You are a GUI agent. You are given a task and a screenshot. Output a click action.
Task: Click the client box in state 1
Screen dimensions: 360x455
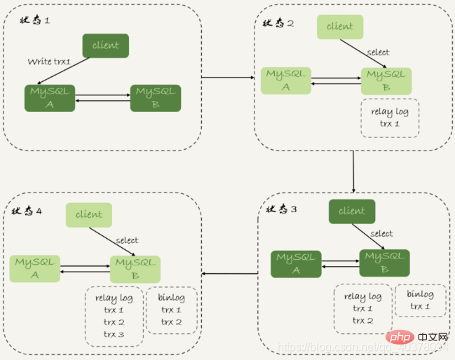(105, 46)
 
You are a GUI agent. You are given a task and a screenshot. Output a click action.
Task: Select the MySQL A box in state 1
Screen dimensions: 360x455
(50, 98)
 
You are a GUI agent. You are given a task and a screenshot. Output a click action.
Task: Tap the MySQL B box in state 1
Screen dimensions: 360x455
(156, 98)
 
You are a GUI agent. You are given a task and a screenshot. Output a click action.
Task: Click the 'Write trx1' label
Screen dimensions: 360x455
(50, 62)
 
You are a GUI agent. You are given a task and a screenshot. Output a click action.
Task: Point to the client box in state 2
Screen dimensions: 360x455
(340, 27)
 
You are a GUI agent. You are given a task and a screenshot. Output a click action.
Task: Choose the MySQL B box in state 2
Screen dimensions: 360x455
(386, 81)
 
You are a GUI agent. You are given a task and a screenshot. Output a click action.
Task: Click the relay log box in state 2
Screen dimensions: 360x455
(389, 118)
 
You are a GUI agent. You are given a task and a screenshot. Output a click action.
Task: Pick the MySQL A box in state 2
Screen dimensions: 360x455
(286, 81)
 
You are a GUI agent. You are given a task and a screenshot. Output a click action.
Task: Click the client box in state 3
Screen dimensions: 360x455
(352, 211)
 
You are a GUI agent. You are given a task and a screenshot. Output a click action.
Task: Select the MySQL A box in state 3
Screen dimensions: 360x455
(296, 263)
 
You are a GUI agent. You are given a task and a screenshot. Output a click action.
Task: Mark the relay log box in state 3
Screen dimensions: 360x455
(362, 308)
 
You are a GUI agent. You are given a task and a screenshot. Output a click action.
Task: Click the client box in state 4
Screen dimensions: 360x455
(89, 215)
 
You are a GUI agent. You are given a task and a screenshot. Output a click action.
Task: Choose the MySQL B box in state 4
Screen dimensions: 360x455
(135, 269)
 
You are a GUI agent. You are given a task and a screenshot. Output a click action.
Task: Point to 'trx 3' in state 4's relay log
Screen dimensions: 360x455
(114, 334)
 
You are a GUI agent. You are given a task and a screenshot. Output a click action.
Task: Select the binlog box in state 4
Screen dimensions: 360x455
(171, 310)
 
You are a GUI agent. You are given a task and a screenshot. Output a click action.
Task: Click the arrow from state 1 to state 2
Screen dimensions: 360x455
(228, 77)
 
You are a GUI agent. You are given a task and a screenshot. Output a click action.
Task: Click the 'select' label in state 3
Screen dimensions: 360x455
(381, 234)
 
